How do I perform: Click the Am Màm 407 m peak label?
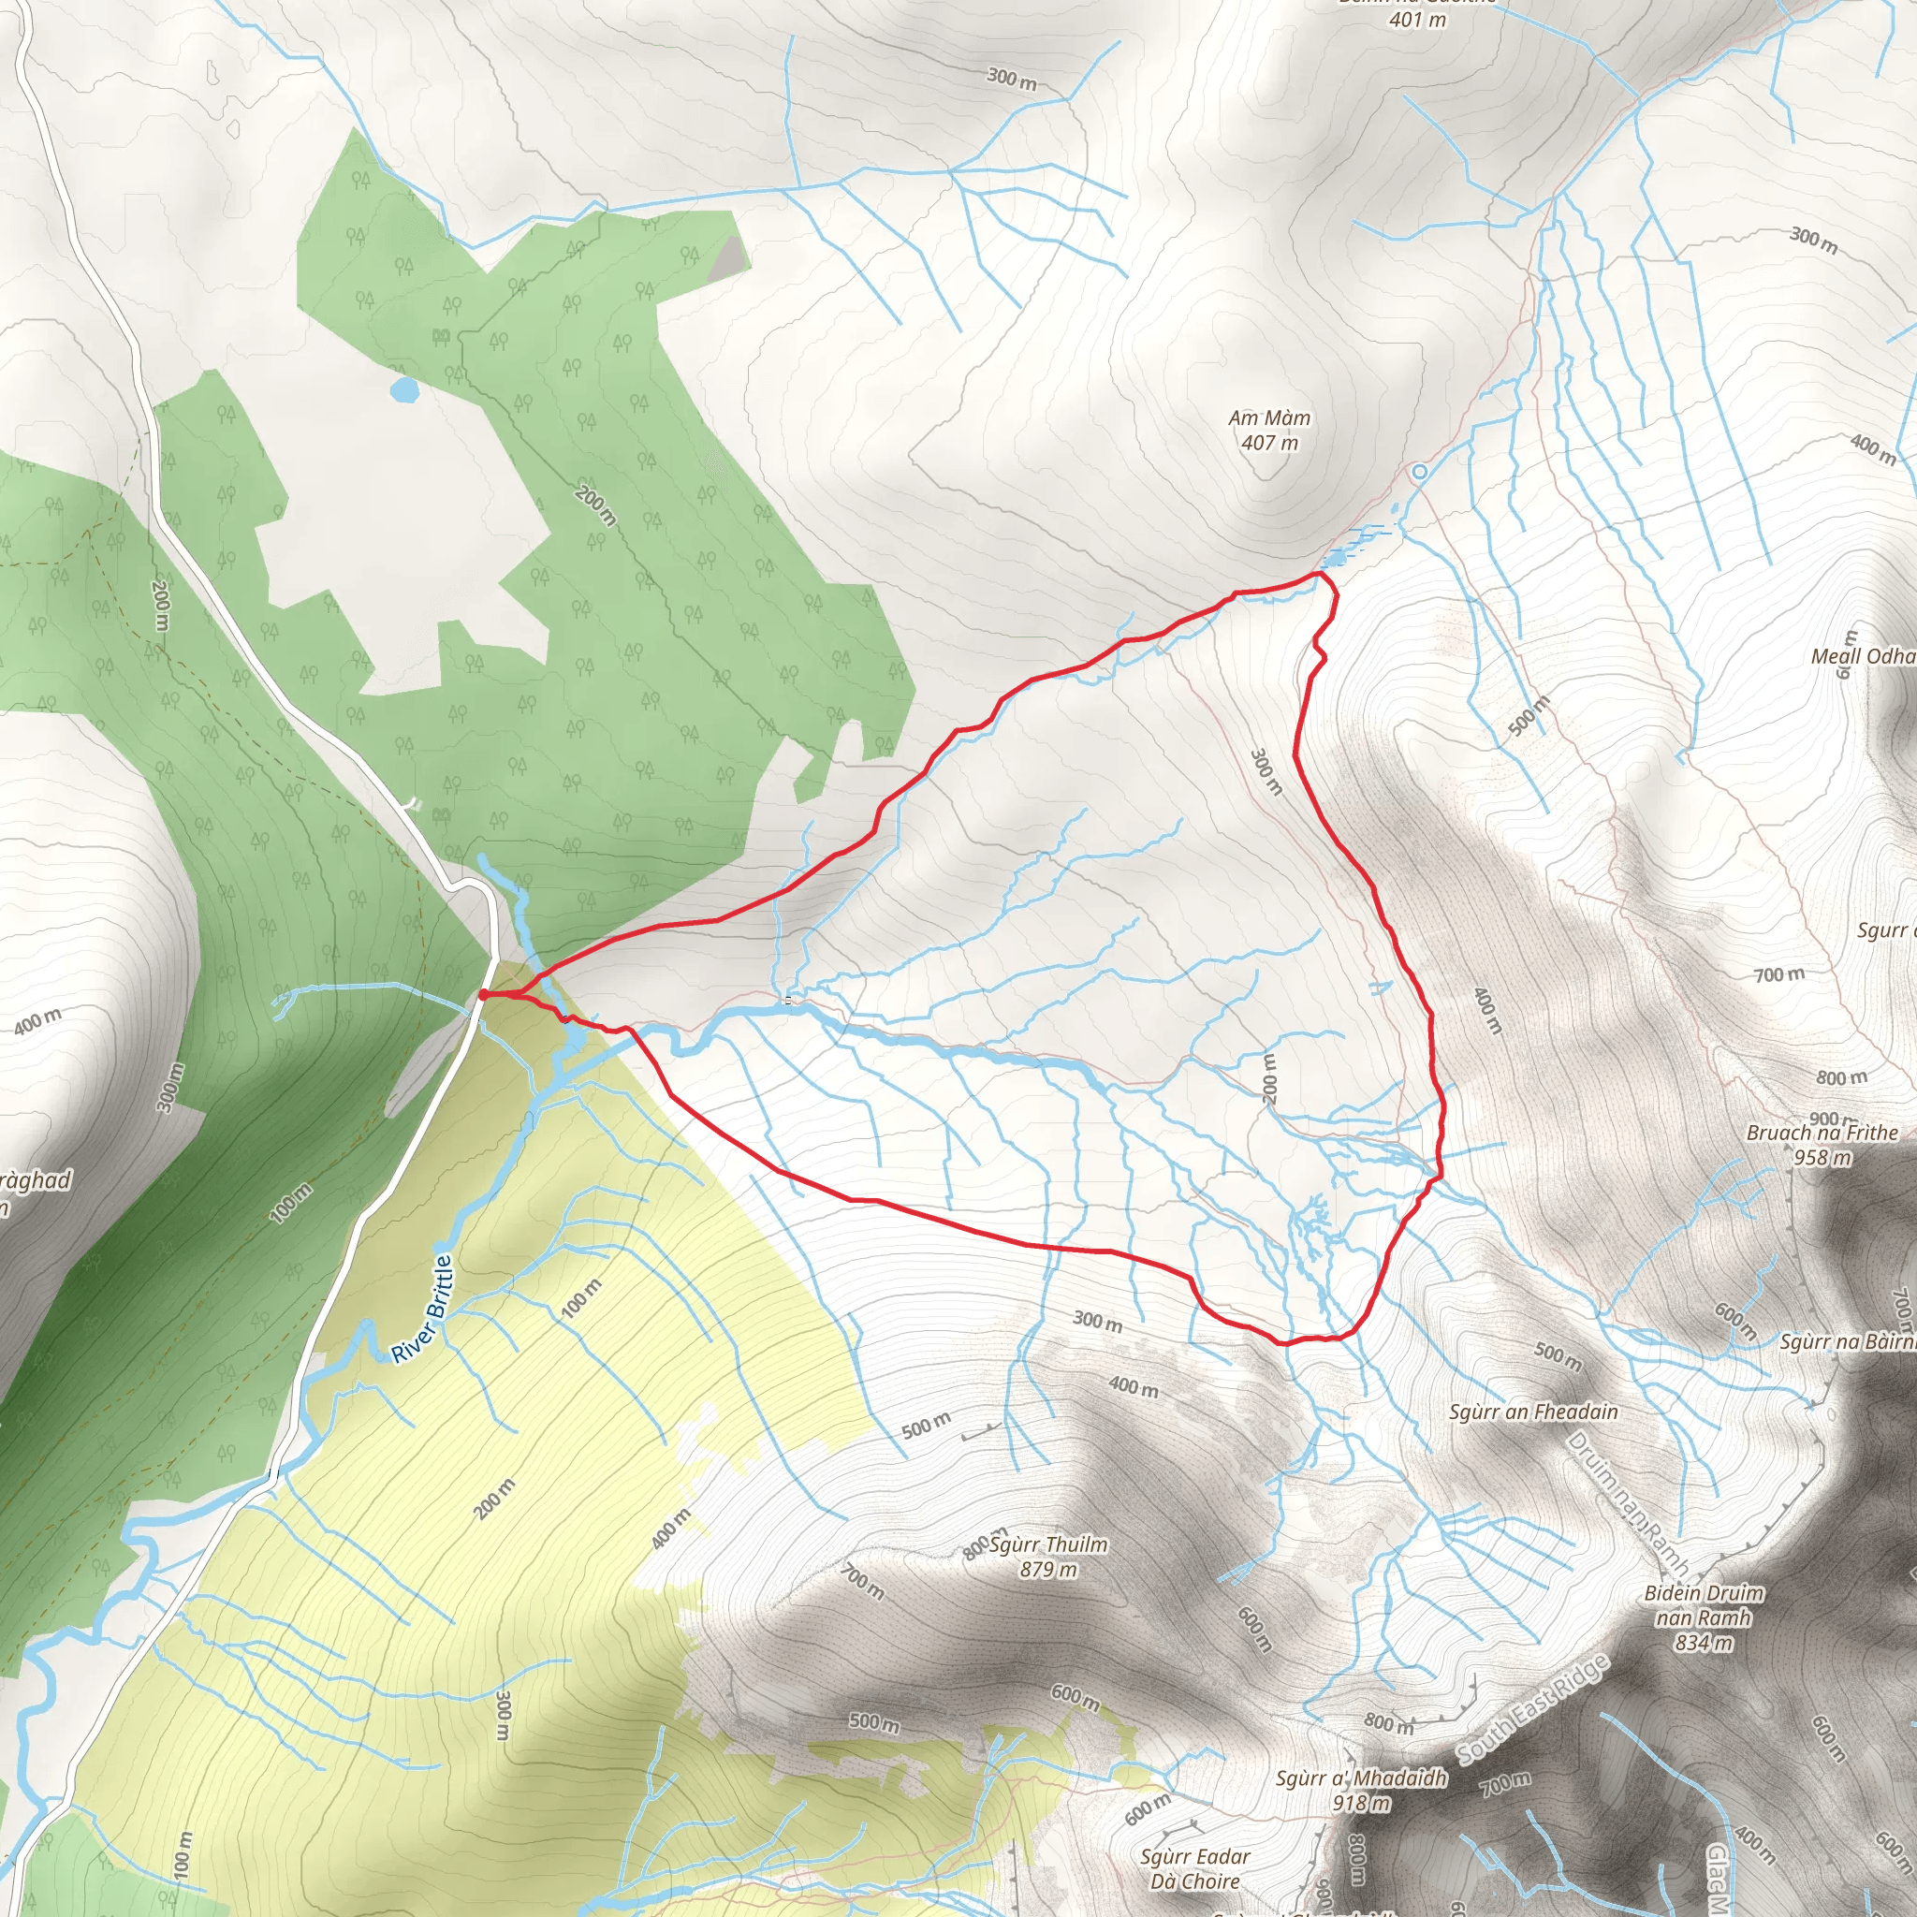point(1269,431)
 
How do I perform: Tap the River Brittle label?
point(422,1309)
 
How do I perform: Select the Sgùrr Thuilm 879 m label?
point(1047,1556)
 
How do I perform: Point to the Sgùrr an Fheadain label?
point(1533,1411)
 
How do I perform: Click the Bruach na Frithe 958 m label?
point(1822,1144)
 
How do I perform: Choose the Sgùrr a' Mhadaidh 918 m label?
point(1361,1789)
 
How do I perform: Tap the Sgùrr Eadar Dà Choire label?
point(1194,1868)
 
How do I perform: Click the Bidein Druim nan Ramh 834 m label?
point(1704,1617)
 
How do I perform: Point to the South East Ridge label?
point(1532,1708)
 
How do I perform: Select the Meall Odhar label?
point(1864,656)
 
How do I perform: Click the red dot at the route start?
point(483,994)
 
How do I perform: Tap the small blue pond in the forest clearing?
point(403,389)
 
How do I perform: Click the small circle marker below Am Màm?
point(1420,473)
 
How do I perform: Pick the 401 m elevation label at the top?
point(1417,19)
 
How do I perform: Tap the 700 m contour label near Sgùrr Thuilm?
point(862,1581)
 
